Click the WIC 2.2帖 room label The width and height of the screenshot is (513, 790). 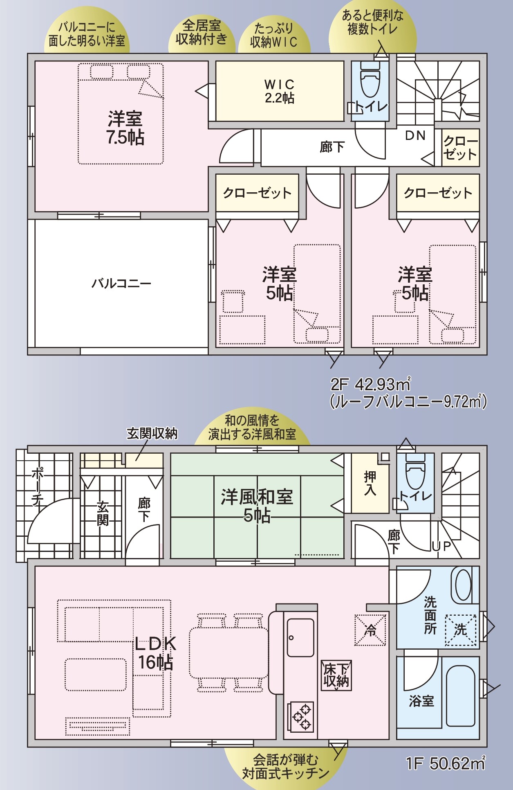click(280, 91)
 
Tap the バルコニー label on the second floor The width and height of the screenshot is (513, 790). click(121, 283)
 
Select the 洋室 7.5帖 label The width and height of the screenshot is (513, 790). click(125, 128)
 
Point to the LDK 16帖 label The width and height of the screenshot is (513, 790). click(156, 653)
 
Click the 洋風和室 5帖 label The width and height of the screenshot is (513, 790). click(257, 505)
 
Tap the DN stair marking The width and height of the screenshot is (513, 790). click(415, 135)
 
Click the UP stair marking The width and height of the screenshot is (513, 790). click(441, 546)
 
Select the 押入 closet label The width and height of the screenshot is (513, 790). click(370, 484)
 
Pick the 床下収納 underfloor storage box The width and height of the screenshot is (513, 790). click(336, 675)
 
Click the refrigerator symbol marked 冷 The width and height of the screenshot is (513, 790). click(370, 630)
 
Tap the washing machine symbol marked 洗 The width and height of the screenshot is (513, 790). click(461, 630)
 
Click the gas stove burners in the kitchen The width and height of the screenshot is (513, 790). click(301, 716)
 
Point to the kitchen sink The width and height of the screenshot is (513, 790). click(300, 637)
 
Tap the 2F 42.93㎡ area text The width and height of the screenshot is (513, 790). click(370, 385)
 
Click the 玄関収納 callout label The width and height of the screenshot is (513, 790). click(152, 433)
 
